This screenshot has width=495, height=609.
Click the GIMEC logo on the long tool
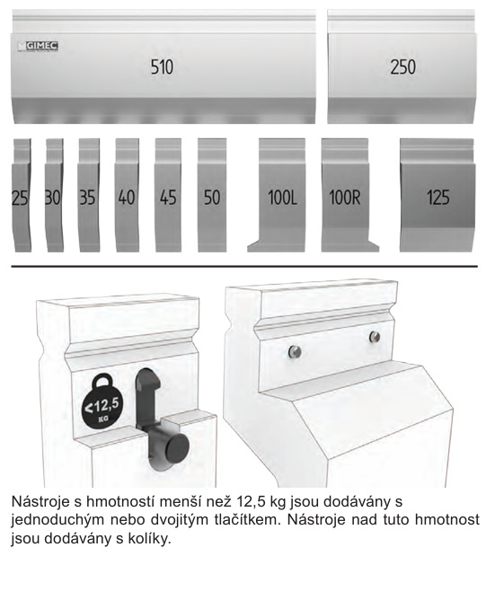click(x=38, y=46)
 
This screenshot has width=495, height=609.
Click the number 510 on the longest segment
click(x=162, y=66)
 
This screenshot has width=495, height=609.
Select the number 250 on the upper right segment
click(x=402, y=66)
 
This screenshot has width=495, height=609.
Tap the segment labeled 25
click(x=22, y=195)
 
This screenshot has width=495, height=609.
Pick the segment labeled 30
click(x=54, y=195)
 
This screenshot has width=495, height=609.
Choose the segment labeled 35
click(x=89, y=195)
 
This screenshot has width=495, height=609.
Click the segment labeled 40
click(x=127, y=195)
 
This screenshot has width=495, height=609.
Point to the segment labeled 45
click(x=168, y=195)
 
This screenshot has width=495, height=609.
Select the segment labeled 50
click(x=212, y=195)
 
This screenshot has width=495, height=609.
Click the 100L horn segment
click(x=282, y=195)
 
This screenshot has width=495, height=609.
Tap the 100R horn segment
click(x=345, y=195)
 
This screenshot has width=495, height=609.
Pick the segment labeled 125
click(x=438, y=195)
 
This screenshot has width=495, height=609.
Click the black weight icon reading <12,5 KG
click(x=102, y=404)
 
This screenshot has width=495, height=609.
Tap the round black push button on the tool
click(x=176, y=447)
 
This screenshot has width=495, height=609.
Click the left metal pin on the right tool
click(x=295, y=351)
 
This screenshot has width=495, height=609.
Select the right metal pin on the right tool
click(x=375, y=337)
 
